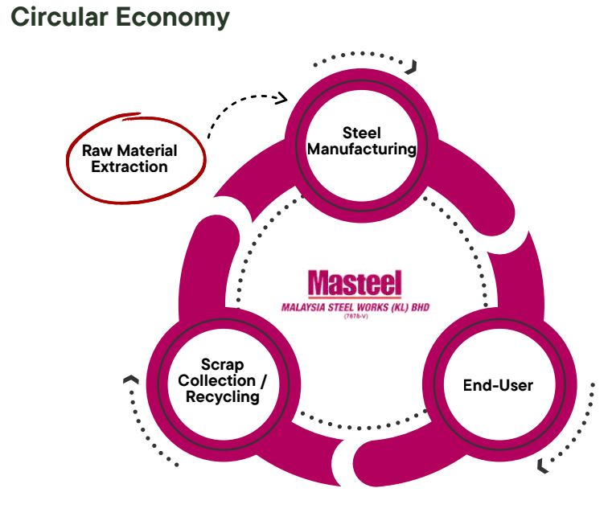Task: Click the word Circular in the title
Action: point(60,17)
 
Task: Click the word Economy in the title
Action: point(173,18)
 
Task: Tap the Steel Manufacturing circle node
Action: point(362,146)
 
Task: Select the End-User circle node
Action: point(499,384)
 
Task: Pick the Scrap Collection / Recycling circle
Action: point(224,384)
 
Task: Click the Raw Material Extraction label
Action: point(129,158)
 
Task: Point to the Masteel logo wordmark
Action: point(355,283)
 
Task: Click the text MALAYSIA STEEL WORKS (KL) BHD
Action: point(355,307)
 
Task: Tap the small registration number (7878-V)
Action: point(356,317)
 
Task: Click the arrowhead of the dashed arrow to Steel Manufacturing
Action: point(282,98)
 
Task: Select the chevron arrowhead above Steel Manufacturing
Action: point(412,67)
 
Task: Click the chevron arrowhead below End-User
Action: point(543,466)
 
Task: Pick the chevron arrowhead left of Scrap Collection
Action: point(131,379)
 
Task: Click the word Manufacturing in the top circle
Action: point(362,150)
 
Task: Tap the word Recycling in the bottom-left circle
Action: point(223,397)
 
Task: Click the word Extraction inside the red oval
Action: point(129,166)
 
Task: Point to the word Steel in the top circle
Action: point(362,133)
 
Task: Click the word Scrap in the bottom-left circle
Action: point(223,365)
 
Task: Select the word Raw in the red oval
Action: point(97,150)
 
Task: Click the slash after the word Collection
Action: point(264,381)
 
